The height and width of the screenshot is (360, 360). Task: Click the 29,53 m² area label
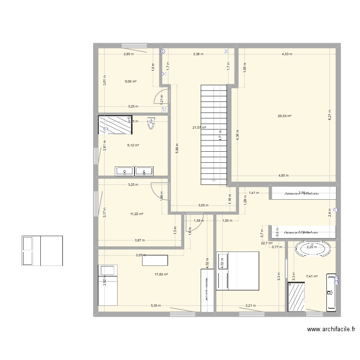point(285,116)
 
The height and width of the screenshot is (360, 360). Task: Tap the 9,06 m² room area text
point(131,82)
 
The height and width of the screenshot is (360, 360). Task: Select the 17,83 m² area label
point(161,275)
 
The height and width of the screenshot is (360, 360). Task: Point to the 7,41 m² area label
point(312,276)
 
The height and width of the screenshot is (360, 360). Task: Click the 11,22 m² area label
point(137,214)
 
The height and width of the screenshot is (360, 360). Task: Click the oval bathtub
point(312,249)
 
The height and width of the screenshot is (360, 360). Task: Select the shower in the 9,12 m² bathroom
point(116,125)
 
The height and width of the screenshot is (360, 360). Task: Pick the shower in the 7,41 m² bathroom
point(297,297)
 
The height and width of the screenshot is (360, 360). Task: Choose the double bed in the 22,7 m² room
point(238,271)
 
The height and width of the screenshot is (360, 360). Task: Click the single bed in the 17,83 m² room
point(108,285)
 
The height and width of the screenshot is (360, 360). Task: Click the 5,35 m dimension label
point(156,306)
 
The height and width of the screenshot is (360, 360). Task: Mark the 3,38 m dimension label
point(198,54)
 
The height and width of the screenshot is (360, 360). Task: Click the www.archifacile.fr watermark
point(331,329)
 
